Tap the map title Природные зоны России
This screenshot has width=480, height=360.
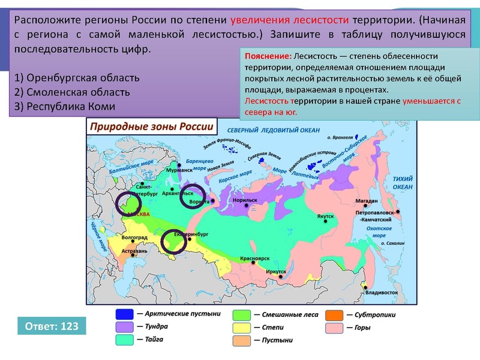pos(151,127)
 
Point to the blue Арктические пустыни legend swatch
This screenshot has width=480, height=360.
pos(124,314)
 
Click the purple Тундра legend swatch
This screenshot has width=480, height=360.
pos(124,327)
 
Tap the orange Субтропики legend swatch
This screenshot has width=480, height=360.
pos(334,314)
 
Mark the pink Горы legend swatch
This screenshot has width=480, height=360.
pos(334,328)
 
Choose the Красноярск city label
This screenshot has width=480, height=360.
pos(254,258)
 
